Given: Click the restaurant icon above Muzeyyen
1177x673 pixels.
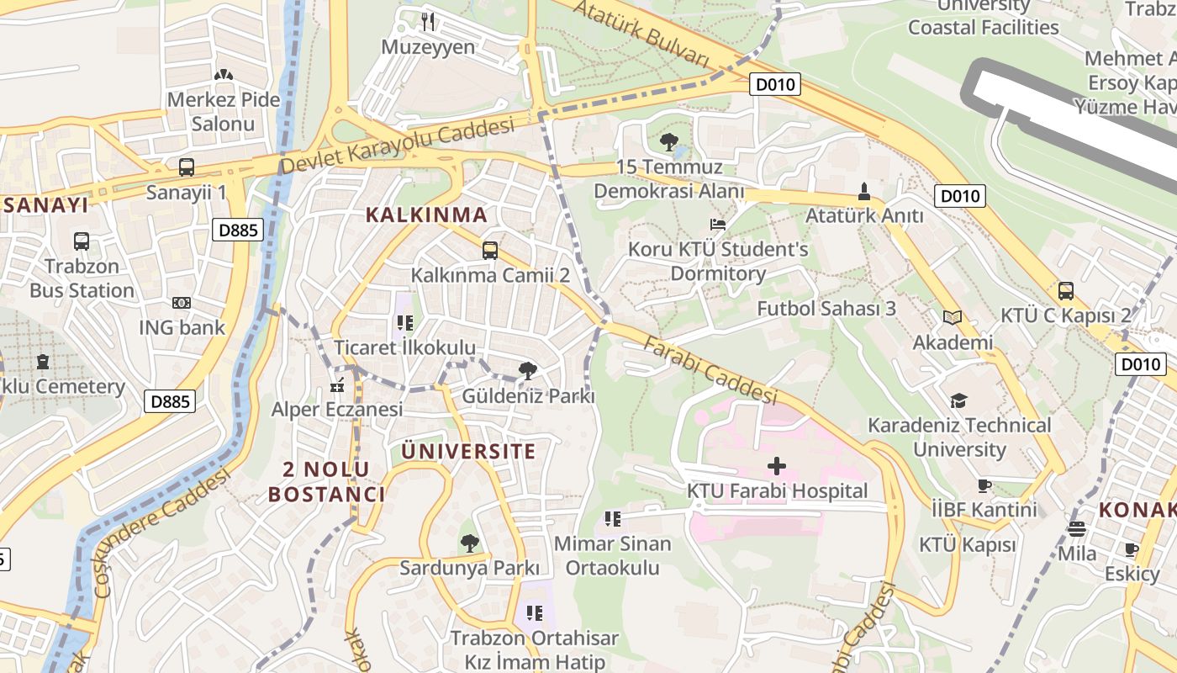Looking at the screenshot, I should (429, 21).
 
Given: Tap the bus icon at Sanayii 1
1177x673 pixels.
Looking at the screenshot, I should (187, 167).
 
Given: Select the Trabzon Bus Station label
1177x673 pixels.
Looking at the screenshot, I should (82, 278).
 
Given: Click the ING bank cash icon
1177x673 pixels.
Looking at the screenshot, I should (182, 303).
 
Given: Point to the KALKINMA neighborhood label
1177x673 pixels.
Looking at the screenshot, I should (426, 215).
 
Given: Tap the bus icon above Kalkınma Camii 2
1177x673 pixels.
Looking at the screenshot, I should (490, 250).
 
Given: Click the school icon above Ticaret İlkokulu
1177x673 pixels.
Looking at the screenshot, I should (404, 323).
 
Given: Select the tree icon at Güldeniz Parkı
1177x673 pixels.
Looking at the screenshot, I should (528, 371).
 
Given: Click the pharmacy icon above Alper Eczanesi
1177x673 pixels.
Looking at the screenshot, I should (337, 386).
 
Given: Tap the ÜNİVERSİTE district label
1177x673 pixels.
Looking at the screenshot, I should (468, 451).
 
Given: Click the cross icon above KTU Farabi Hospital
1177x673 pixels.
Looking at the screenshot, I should (777, 465).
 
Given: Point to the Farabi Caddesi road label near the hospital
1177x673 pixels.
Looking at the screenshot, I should (710, 369).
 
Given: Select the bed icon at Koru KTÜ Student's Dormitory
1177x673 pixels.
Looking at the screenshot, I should (717, 225).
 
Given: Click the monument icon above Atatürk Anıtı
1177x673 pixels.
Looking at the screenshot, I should (863, 191).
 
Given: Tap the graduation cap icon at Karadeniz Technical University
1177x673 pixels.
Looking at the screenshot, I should (958, 400).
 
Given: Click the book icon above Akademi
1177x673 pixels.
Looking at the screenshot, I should (952, 318).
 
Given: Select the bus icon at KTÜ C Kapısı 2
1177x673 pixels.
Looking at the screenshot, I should (1065, 291).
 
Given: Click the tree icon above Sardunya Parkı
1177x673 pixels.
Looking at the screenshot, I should (469, 543).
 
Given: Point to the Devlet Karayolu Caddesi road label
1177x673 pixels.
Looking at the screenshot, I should (397, 146).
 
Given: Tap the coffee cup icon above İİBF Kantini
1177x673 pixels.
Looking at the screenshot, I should (984, 485).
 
